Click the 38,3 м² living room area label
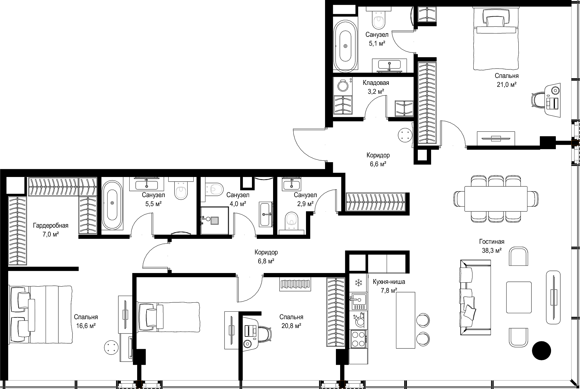click(x=492, y=250)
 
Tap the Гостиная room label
click(x=492, y=242)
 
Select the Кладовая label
click(x=376, y=83)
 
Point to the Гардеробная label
click(x=51, y=226)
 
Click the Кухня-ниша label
click(x=389, y=282)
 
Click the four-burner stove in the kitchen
click(x=359, y=339)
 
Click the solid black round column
click(x=541, y=351)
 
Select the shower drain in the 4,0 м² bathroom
click(x=214, y=221)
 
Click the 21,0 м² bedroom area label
click(x=507, y=85)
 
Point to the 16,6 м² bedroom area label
click(x=86, y=326)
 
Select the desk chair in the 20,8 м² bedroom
click(x=264, y=335)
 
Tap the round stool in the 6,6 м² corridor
click(x=405, y=135)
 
